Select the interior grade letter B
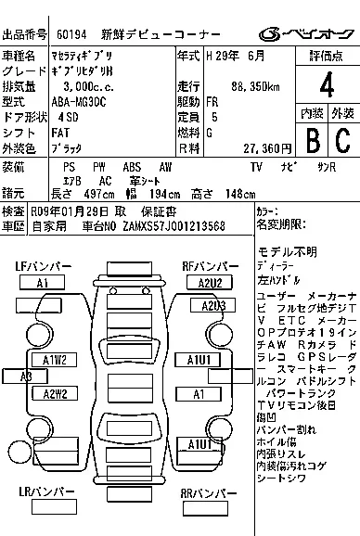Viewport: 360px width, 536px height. pos(311,140)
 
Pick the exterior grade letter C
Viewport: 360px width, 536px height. pos(341,140)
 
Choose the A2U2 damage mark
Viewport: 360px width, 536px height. pos(209,282)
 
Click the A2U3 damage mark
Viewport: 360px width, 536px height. pos(213,305)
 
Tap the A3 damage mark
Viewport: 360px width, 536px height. pos(25,376)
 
